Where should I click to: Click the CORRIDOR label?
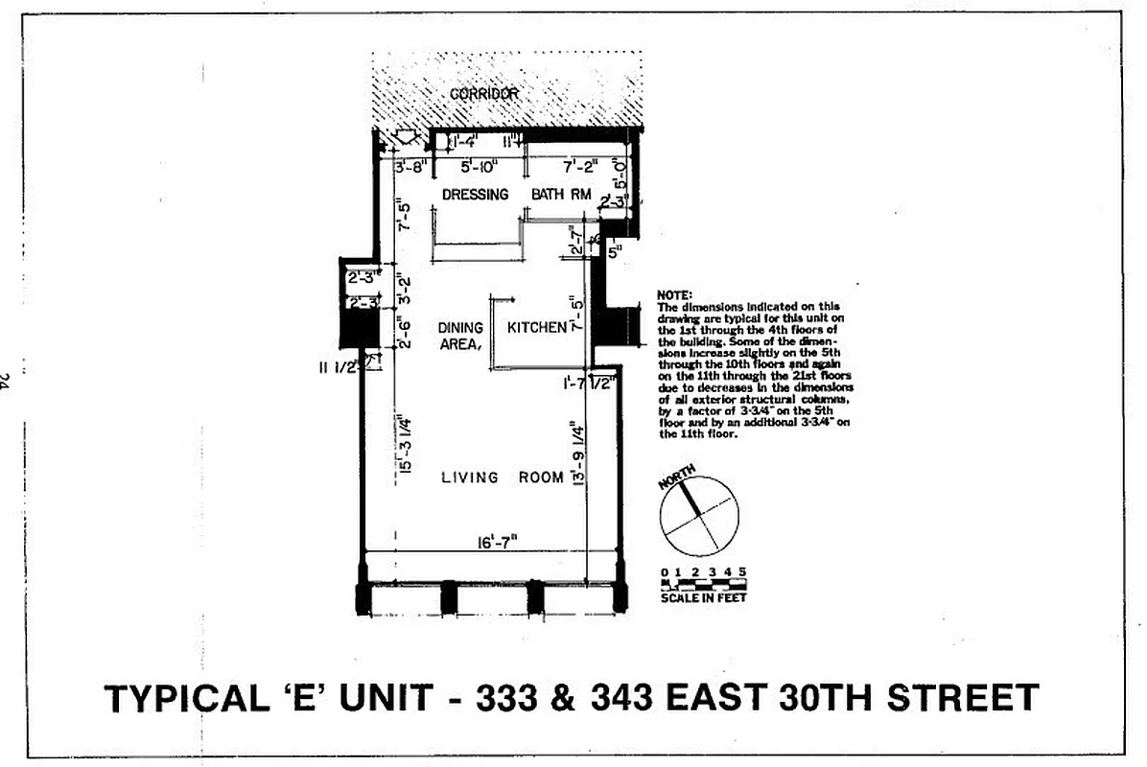pos(484,93)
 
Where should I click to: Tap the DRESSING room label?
pos(475,195)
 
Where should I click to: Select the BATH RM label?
pos(561,195)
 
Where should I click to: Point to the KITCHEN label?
pos(537,328)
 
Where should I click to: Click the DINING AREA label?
pos(460,336)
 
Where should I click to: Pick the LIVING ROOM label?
pos(503,477)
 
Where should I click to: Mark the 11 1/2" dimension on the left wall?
pos(340,366)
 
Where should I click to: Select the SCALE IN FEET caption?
pos(703,598)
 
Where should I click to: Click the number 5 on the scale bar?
pos(741,573)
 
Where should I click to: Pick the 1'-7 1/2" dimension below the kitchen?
pos(588,383)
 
